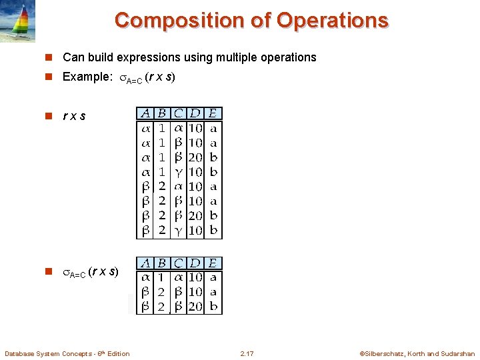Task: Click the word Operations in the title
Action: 332,20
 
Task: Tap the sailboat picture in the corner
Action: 17,21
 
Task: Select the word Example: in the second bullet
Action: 87,77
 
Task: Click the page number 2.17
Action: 247,353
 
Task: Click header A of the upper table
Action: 144,113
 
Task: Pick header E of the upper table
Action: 213,113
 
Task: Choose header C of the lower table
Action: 179,263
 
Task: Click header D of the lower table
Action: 196,263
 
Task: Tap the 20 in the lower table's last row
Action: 196,307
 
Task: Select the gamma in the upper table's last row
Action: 178,231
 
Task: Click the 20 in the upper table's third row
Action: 196,157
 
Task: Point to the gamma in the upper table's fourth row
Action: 178,172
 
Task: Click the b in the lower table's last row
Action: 213,307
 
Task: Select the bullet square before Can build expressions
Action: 48,58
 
